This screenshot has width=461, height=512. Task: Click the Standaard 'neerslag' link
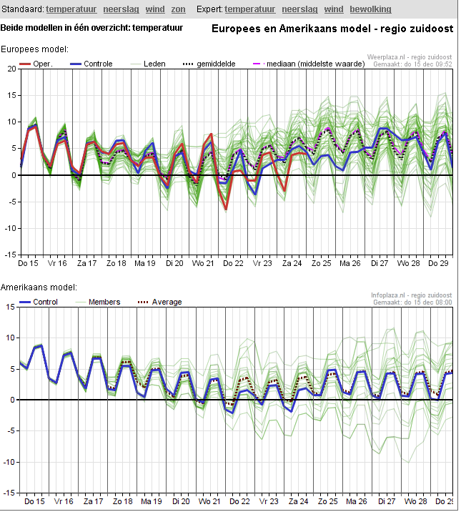[x=121, y=9]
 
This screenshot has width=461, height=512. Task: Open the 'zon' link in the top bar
[x=178, y=9]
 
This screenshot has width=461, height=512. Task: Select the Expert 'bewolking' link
[x=370, y=9]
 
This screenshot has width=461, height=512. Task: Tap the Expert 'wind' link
[x=334, y=9]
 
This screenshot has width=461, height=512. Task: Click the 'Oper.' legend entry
[x=36, y=64]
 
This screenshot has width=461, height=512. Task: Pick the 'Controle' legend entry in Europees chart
[x=91, y=64]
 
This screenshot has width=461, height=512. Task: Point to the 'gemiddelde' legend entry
[x=209, y=64]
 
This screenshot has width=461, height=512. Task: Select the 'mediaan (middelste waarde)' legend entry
[x=309, y=64]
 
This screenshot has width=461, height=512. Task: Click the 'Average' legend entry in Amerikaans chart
[x=159, y=302]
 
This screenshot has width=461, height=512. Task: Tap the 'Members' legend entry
[x=97, y=302]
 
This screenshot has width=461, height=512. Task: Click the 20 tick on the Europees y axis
[x=11, y=69]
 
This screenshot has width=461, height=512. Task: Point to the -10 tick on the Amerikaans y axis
[x=9, y=462]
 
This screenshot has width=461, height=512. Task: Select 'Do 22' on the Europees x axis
[x=233, y=263]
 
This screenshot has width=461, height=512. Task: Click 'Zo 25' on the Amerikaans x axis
[x=328, y=501]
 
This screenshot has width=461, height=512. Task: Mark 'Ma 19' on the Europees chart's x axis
[x=145, y=263]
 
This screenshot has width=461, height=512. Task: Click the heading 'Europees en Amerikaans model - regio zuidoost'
[x=332, y=29]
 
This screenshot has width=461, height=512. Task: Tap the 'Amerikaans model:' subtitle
[x=39, y=287]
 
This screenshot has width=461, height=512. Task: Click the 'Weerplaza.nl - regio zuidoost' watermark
[x=410, y=57]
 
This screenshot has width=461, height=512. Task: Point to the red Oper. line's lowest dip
[x=226, y=209]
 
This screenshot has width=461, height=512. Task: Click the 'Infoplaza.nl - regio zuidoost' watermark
[x=412, y=295]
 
